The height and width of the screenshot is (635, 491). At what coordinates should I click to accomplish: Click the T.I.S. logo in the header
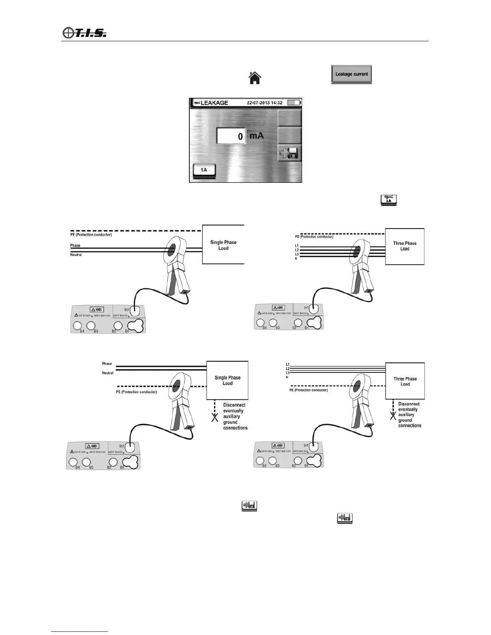(x=85, y=32)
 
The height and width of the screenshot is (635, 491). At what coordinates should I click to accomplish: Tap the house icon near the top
(x=255, y=77)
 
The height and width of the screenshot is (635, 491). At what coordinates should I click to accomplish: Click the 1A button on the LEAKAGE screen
(x=204, y=170)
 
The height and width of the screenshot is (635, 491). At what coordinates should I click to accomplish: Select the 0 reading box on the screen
(x=231, y=136)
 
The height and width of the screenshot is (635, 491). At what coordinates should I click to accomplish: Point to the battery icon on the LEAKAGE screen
(x=294, y=103)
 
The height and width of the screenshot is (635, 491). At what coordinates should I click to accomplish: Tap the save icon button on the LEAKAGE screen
(x=290, y=154)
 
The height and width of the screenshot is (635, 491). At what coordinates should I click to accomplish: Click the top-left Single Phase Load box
(x=223, y=245)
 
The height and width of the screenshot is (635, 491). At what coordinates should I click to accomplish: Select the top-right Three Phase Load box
(x=404, y=246)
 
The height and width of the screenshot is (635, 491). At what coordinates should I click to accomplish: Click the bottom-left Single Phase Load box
(x=227, y=380)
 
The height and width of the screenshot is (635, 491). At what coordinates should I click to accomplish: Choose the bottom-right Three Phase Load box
(x=405, y=381)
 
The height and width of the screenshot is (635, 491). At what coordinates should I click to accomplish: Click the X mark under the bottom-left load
(x=215, y=418)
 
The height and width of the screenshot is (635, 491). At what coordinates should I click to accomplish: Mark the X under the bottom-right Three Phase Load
(x=393, y=416)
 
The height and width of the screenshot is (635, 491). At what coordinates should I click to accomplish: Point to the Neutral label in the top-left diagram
(x=76, y=255)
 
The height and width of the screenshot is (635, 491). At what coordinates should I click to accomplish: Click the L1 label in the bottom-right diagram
(x=287, y=364)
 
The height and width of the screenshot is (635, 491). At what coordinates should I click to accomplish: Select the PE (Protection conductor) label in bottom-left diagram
(x=136, y=392)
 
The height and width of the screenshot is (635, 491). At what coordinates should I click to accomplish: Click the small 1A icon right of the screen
(x=388, y=200)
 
